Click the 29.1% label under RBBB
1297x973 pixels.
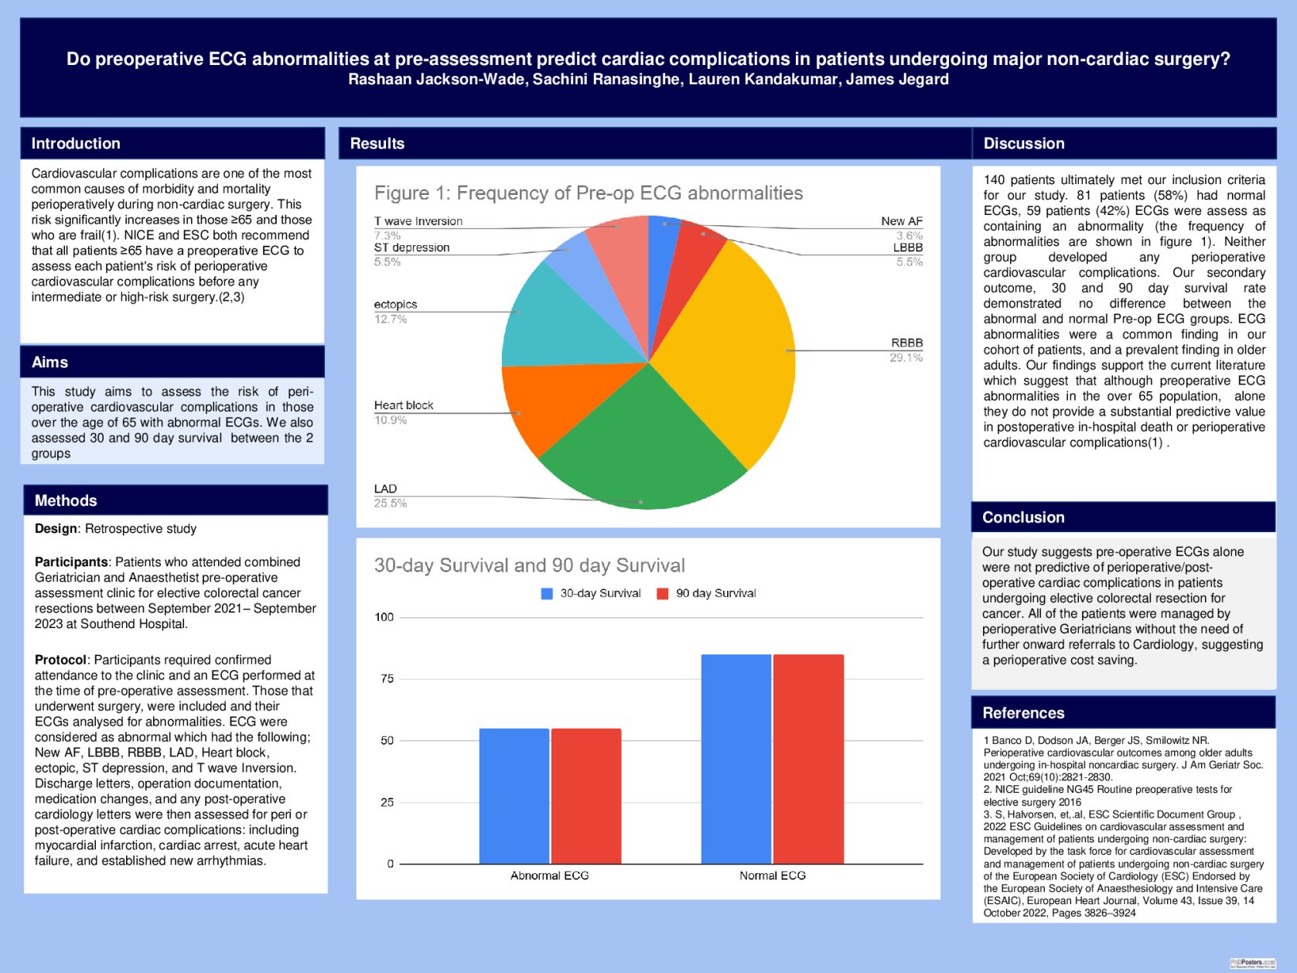pyautogui.click(x=906, y=357)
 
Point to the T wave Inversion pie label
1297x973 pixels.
pyautogui.click(x=418, y=221)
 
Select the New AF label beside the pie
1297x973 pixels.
pyautogui.click(x=902, y=221)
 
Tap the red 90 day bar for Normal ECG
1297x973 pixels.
pyautogui.click(x=808, y=758)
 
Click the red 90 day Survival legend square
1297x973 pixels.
pyautogui.click(x=662, y=594)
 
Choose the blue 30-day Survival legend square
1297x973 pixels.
pyautogui.click(x=547, y=594)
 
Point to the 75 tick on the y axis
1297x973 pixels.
pyautogui.click(x=387, y=679)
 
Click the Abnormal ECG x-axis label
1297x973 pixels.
pyautogui.click(x=549, y=876)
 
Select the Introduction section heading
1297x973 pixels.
pyautogui.click(x=76, y=143)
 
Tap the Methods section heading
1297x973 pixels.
pyautogui.click(x=66, y=500)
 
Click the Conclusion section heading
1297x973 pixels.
pyautogui.click(x=1023, y=517)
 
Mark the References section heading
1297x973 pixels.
pyautogui.click(x=1023, y=713)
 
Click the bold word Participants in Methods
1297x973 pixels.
pyautogui.click(x=71, y=562)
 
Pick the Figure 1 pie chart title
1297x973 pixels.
pyautogui.click(x=589, y=193)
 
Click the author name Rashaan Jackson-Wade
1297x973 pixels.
pyautogui.click(x=436, y=80)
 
